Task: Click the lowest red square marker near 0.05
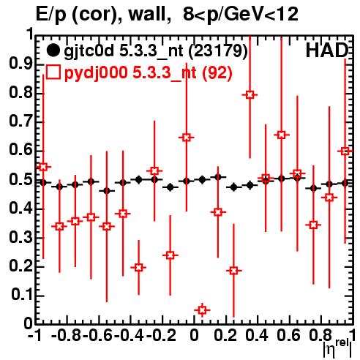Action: point(202,310)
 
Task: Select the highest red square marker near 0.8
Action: point(250,94)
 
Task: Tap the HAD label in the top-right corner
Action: point(327,50)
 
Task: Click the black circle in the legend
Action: point(53,50)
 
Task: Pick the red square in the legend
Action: point(53,72)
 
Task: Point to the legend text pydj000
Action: point(96,73)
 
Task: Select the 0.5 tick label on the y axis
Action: point(20,180)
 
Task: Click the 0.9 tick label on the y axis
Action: point(20,64)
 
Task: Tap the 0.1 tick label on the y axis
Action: point(22,295)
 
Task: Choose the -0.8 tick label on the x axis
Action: point(67,335)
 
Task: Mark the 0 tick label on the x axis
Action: point(194,335)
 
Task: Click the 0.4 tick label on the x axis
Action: point(257,335)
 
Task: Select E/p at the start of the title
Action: point(51,15)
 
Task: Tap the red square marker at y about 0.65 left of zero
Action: point(187,138)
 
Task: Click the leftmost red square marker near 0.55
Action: point(43,167)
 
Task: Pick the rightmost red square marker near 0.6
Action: point(345,151)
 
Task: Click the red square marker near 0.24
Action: point(170,255)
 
